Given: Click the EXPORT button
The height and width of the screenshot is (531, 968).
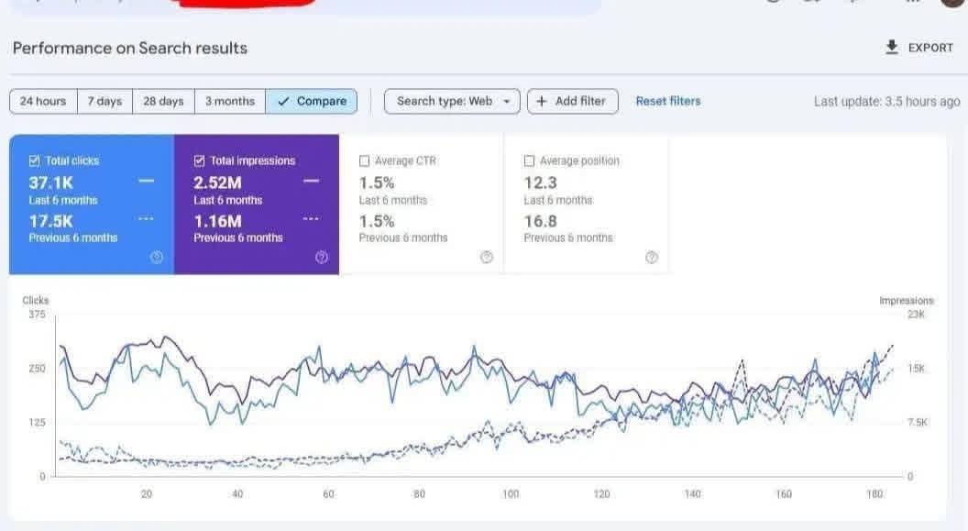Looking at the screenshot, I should (919, 48).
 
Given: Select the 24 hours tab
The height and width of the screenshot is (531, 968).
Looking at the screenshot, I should (43, 101).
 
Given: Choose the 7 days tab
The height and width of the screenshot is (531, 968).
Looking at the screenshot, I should (104, 101).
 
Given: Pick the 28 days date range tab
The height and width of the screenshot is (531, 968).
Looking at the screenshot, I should (163, 101).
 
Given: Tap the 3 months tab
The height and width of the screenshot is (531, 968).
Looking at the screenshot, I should (229, 101).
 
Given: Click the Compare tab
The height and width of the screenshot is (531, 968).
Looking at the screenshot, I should (312, 101).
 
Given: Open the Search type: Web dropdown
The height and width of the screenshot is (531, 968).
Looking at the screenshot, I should (452, 101).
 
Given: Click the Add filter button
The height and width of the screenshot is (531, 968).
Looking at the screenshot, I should (572, 101).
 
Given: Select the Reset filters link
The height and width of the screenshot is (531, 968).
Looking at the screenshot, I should (668, 101).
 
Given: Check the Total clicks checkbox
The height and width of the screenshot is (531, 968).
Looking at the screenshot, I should (35, 160).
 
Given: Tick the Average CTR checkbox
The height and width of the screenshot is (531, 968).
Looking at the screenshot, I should (365, 160).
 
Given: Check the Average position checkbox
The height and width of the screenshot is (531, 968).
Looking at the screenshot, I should (530, 160).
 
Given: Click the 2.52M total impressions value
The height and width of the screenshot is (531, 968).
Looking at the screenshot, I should (217, 182).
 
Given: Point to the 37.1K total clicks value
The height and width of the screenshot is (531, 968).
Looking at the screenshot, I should (50, 182).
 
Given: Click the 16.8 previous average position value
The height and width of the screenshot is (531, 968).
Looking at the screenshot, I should (540, 221).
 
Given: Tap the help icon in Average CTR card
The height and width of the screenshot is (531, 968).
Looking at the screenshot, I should (487, 257).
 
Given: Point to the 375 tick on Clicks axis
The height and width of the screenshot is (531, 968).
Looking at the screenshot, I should (37, 315).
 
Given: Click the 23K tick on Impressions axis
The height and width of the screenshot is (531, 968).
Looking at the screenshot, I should (916, 315).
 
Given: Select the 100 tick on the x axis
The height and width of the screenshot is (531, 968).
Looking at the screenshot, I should (511, 494).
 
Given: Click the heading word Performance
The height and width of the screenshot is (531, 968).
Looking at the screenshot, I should (60, 48).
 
